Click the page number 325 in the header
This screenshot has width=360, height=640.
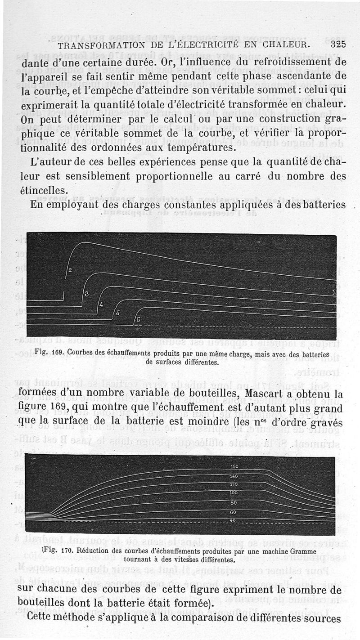(x=338, y=44)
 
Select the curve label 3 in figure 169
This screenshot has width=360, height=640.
(x=86, y=294)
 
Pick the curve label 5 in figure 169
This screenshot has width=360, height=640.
(x=117, y=313)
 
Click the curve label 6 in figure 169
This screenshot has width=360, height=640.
(x=138, y=319)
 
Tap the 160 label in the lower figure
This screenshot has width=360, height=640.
(x=234, y=467)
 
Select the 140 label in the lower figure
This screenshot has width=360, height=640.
(x=234, y=476)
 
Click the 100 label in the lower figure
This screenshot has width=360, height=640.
(x=234, y=493)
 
